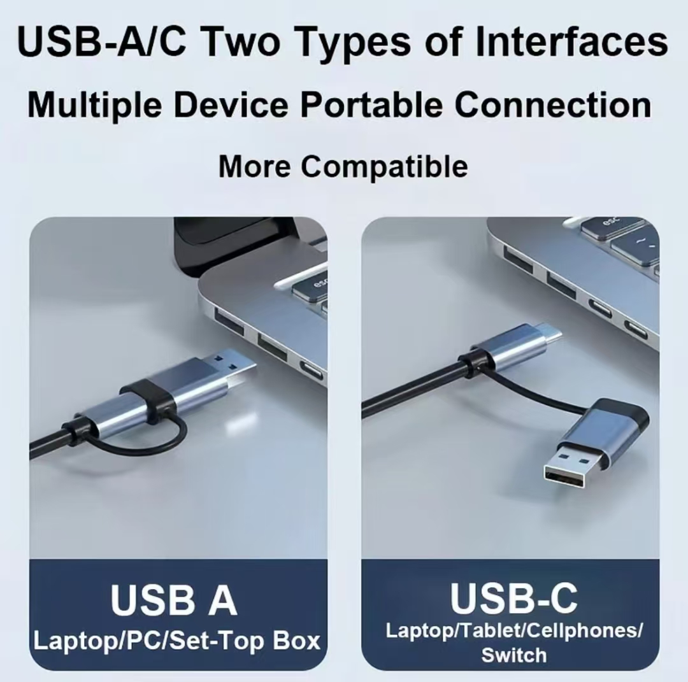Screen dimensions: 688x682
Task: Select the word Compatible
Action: tap(384, 167)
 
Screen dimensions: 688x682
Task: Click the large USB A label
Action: tap(174, 600)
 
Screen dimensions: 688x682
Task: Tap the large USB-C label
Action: tap(514, 597)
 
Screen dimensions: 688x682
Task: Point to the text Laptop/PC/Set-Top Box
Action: tap(177, 641)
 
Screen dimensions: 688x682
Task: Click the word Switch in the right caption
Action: tap(514, 655)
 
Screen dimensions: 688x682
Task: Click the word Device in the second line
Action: tap(231, 104)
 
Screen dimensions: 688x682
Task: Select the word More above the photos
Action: tap(254, 167)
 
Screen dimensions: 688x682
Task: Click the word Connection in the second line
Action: tap(553, 104)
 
